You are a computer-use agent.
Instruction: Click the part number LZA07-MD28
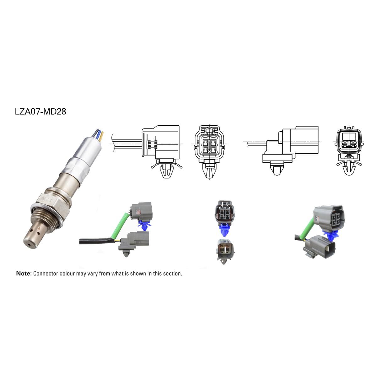pos(41,112)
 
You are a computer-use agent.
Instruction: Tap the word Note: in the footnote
pos(24,273)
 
